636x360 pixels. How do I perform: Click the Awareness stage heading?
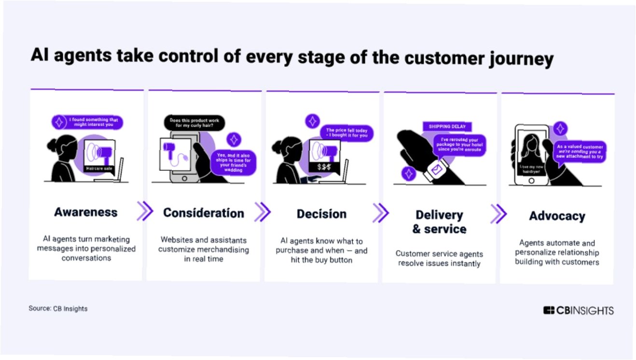[86, 212]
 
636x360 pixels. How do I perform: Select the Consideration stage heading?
[203, 213]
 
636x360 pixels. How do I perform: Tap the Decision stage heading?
[321, 214]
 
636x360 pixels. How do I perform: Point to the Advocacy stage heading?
[557, 216]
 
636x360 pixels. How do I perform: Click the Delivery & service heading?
[439, 222]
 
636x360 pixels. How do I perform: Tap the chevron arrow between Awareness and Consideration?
[145, 211]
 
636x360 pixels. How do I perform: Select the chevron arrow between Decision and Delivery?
[380, 213]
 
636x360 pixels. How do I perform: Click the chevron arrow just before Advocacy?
[498, 214]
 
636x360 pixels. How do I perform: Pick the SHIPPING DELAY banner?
[447, 126]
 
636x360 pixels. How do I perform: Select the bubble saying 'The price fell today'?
[346, 133]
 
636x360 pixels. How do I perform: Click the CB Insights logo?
[578, 310]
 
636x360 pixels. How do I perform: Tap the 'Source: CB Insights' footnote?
[58, 308]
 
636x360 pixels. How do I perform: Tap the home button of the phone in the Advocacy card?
[531, 180]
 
